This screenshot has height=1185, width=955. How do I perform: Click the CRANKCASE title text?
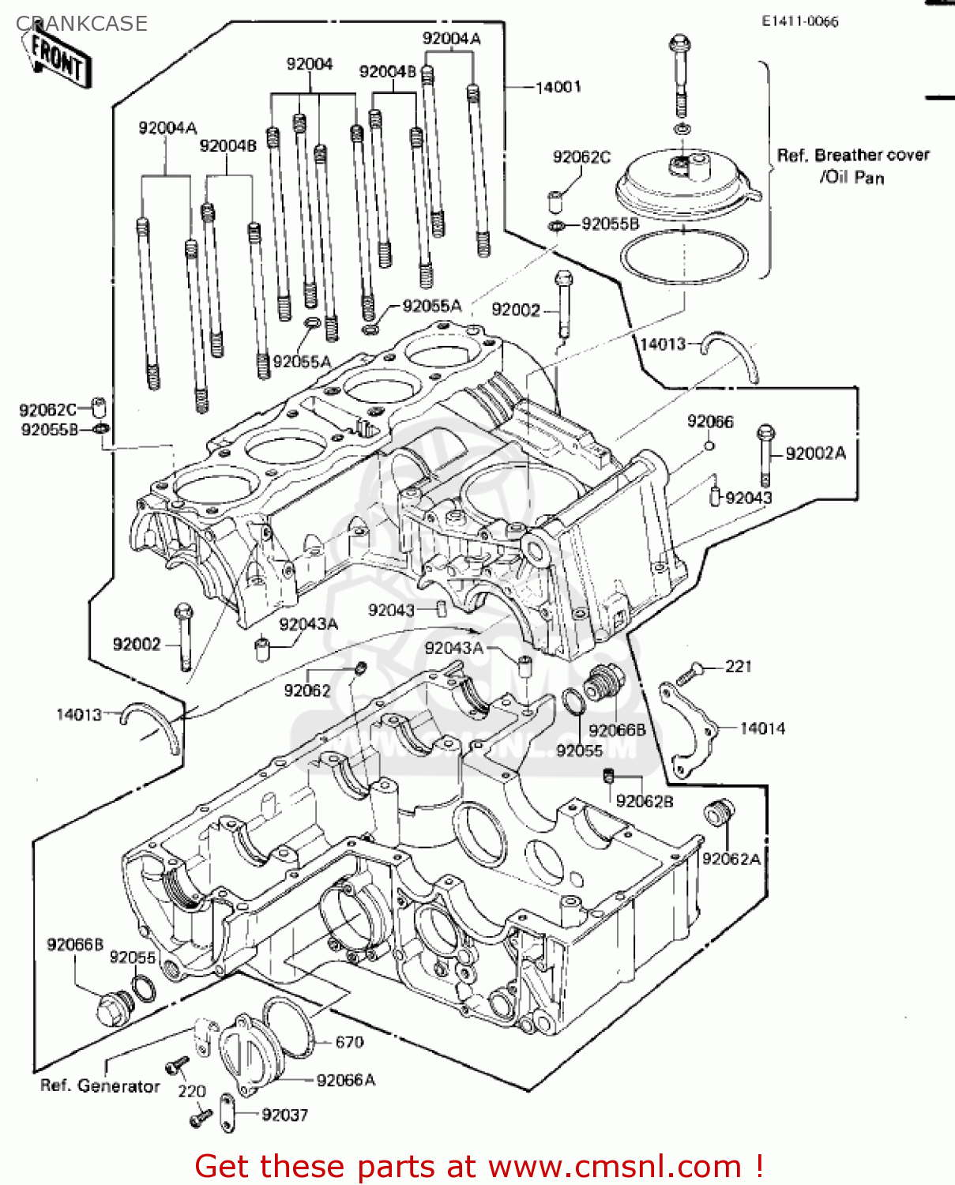tap(81, 24)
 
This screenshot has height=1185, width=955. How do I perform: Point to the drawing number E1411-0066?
tap(799, 22)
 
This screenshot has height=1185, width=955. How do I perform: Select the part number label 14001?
tap(558, 87)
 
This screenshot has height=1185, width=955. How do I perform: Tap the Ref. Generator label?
tap(100, 1086)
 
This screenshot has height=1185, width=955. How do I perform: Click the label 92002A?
tap(815, 453)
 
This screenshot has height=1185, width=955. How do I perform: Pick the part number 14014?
tap(762, 728)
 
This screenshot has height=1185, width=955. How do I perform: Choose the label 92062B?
tap(645, 801)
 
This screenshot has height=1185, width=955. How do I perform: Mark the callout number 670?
tap(349, 1042)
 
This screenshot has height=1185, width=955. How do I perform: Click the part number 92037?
tap(284, 1115)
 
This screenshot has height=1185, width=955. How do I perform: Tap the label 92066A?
tap(345, 1080)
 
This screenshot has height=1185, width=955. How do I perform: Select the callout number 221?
tap(739, 667)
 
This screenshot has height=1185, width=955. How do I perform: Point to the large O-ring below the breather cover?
tap(684, 257)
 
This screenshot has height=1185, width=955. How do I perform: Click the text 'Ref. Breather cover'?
tap(853, 156)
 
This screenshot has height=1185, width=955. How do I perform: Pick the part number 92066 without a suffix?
tap(710, 422)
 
